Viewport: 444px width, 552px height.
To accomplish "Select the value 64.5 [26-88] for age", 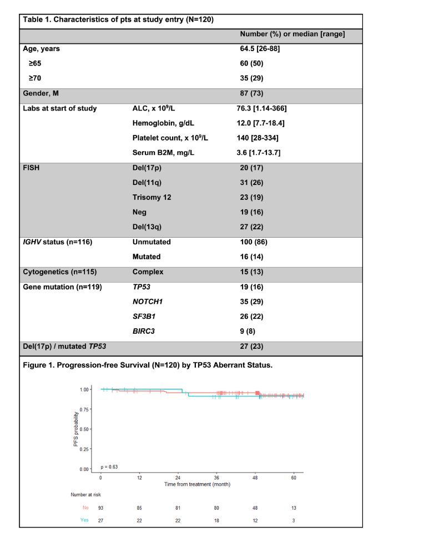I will pyautogui.click(x=263, y=49).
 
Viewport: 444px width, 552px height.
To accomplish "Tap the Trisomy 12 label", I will pyautogui.click(x=152, y=197).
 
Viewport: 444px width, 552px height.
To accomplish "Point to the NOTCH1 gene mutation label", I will pyautogui.click(x=149, y=302).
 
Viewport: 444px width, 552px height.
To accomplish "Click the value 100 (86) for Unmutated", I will pyautogui.click(x=253, y=243).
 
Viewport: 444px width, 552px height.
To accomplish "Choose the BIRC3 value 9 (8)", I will pyautogui.click(x=247, y=331).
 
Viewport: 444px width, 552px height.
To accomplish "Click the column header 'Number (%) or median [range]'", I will pyautogui.click(x=292, y=34).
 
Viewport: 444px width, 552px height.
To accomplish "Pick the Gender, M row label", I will pyautogui.click(x=41, y=93).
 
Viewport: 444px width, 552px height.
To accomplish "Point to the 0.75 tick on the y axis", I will pyautogui.click(x=84, y=409).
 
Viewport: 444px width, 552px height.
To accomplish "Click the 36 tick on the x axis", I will pyautogui.click(x=216, y=478).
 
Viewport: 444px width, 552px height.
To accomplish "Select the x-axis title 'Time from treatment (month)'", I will pyautogui.click(x=197, y=484).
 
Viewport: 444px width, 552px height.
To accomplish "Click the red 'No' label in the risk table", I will pyautogui.click(x=85, y=507).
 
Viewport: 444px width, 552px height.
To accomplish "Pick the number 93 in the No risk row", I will pyautogui.click(x=100, y=507).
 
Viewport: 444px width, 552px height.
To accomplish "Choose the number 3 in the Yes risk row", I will pyautogui.click(x=294, y=520).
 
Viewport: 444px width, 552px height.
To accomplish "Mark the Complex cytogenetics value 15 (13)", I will pyautogui.click(x=249, y=272).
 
